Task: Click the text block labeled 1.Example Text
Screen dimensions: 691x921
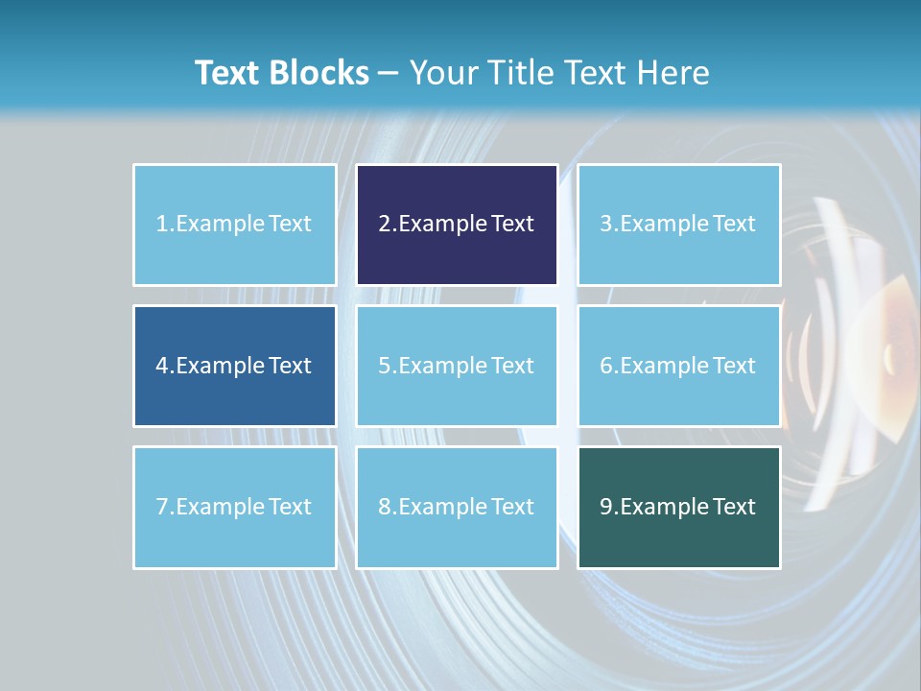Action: [x=234, y=225]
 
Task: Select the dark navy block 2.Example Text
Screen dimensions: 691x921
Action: [x=457, y=225]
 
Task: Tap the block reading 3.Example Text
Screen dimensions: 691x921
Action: [x=678, y=225]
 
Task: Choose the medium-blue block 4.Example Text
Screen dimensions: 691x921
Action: [x=234, y=366]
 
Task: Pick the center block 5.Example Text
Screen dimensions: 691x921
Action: [x=457, y=366]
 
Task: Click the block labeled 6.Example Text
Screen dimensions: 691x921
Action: [x=678, y=366]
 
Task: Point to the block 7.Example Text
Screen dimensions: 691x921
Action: [x=234, y=507]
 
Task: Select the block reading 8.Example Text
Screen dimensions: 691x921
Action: [x=457, y=507]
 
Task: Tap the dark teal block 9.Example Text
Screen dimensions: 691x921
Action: [x=678, y=507]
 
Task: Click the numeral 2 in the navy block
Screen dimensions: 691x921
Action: [x=384, y=225]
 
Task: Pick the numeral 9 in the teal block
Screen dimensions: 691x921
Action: [x=606, y=508]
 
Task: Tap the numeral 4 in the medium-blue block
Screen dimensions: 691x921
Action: [x=162, y=366]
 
